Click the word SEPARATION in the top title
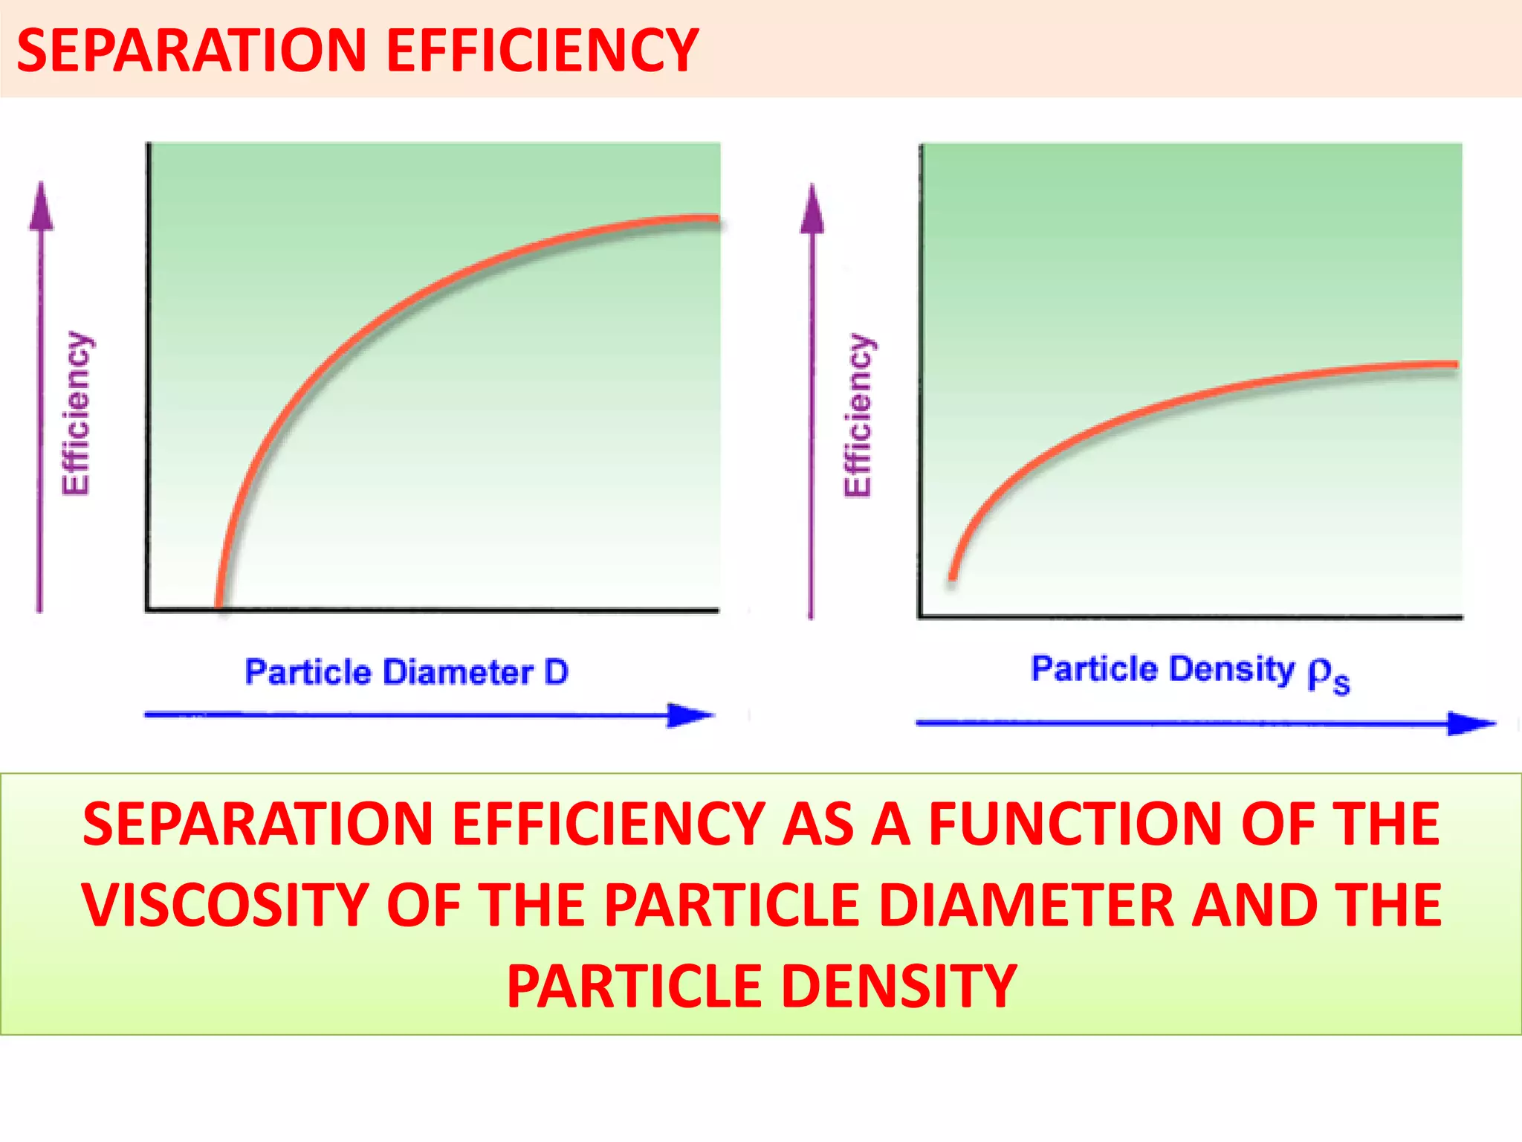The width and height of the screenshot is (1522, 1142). click(192, 51)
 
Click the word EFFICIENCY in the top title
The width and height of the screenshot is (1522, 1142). click(543, 51)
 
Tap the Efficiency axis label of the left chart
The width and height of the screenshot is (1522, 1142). click(77, 413)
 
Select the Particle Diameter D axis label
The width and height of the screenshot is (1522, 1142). click(407, 672)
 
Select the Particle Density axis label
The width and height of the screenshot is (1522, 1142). click(1189, 671)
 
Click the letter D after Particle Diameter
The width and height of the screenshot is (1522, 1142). click(556, 672)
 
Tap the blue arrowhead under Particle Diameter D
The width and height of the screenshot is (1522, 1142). click(689, 715)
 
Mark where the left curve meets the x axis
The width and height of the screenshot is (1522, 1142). click(218, 606)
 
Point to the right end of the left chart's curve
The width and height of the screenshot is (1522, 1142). click(715, 220)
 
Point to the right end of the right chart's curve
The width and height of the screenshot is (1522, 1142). click(1454, 364)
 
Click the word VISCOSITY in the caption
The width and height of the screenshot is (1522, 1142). click(225, 905)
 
